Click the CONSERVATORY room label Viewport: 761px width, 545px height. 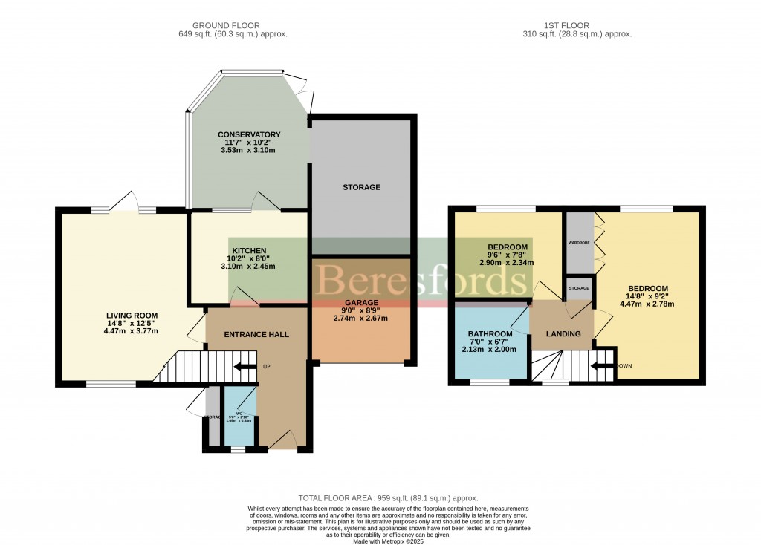[x=248, y=134]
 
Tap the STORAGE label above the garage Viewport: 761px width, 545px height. [x=361, y=187]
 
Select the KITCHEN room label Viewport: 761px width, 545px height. [x=249, y=250]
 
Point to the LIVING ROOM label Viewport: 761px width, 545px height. [x=132, y=315]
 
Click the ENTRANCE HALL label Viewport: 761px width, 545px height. [x=256, y=334]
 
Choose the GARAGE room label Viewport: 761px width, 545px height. [x=360, y=303]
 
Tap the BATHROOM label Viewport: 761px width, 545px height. [x=490, y=334]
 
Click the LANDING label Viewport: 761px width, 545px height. [x=563, y=334]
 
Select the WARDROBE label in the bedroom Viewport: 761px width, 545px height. [x=579, y=243]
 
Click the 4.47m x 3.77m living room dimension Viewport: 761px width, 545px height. [x=132, y=331]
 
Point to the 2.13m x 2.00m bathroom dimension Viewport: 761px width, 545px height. [x=490, y=350]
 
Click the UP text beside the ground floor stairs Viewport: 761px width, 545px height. [x=267, y=367]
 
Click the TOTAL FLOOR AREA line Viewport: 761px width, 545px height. [x=388, y=498]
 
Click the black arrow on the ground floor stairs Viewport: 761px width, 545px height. [x=244, y=366]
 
